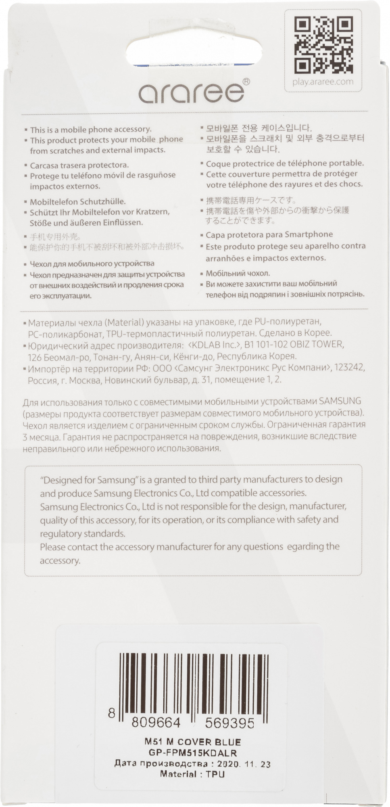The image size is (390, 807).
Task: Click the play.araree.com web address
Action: tap(323, 82)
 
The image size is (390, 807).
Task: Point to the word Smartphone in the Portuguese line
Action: tap(309, 235)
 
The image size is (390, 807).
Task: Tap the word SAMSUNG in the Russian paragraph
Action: tap(340, 401)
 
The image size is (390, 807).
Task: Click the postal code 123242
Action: tap(349, 368)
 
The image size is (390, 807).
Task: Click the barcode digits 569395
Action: tap(229, 723)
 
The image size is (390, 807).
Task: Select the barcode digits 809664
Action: tap(156, 723)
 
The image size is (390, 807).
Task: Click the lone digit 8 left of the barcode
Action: tap(112, 713)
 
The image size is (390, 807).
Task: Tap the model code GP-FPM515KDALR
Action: tap(192, 753)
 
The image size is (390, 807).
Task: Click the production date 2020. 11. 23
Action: tap(244, 764)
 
